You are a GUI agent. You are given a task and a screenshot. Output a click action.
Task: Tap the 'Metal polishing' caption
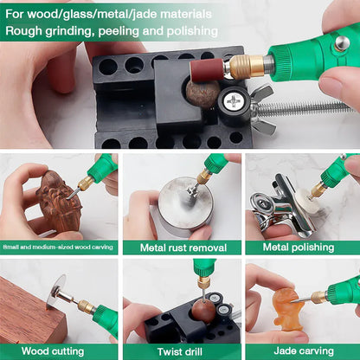coord(300,247)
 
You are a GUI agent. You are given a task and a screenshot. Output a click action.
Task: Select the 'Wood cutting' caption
coord(59,351)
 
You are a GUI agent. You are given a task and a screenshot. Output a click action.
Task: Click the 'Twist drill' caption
coord(179,351)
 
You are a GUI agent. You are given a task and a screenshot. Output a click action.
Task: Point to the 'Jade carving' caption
coord(300,351)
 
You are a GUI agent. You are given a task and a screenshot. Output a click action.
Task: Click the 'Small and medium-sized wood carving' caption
coord(59,247)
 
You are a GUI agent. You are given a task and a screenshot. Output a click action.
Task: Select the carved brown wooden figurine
coord(56,202)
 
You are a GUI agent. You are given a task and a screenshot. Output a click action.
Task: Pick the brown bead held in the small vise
coord(202,311)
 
